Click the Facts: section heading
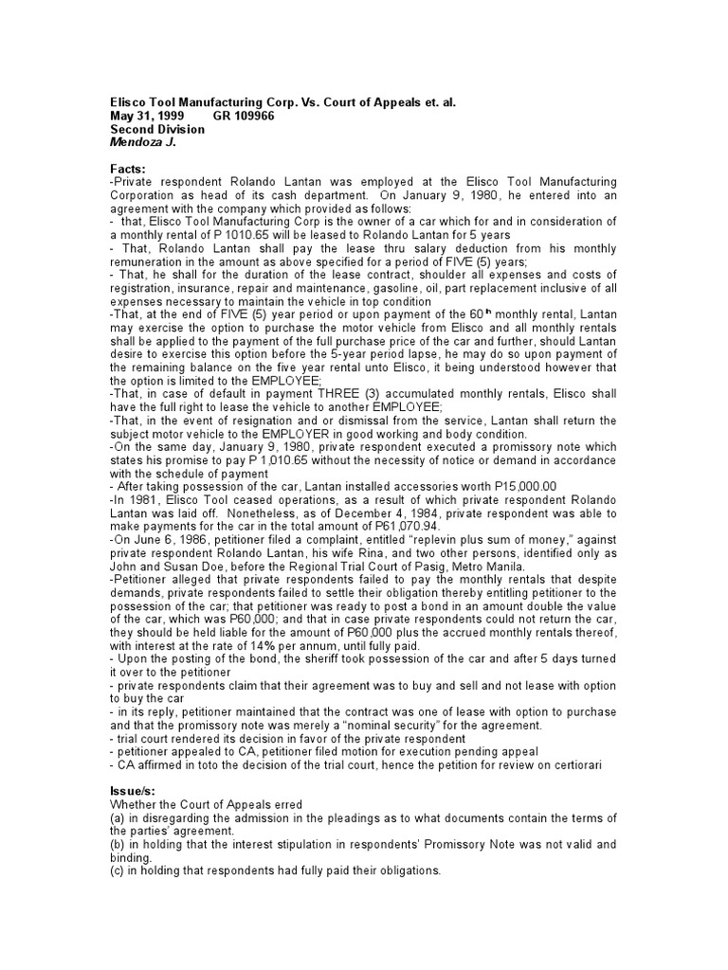pyautogui.click(x=128, y=169)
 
